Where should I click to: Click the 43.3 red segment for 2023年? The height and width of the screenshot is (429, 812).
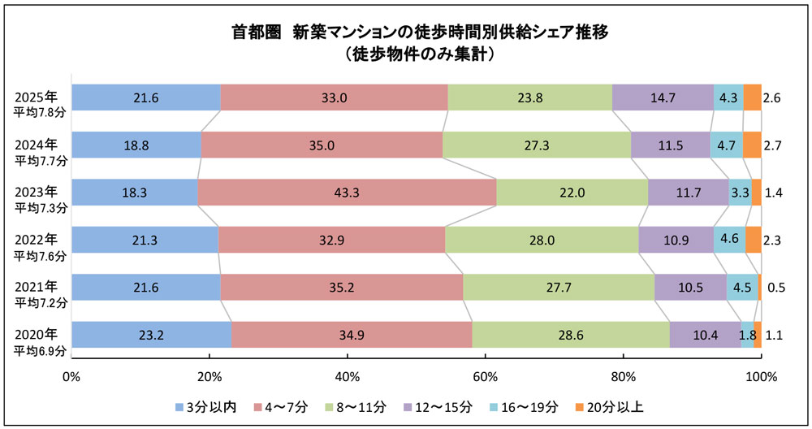coord(347,193)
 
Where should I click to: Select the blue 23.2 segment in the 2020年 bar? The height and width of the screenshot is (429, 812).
coord(151,335)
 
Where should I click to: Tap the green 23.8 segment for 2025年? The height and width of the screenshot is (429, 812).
coord(529,97)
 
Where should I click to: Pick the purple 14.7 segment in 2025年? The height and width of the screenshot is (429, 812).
coord(663,97)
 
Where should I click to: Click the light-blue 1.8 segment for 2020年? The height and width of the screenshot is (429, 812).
coord(747,335)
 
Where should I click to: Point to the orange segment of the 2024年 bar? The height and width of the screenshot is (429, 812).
coord(752,145)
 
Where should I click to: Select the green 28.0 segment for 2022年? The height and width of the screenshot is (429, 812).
coord(542,240)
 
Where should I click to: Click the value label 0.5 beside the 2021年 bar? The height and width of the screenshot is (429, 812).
coord(776,288)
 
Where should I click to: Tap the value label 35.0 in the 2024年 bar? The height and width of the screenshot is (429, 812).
coord(322,145)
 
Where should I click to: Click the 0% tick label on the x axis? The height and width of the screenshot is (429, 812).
coord(71,377)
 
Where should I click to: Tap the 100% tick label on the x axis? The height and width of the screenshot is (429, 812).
coord(761,377)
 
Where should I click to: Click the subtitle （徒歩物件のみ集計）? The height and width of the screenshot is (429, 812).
coord(415,55)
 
